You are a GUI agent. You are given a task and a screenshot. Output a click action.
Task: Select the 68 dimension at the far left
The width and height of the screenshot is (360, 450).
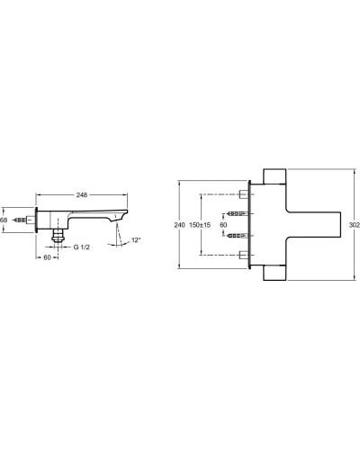click(4, 220)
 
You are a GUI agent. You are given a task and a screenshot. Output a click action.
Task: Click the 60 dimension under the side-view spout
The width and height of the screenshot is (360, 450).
click(48, 256)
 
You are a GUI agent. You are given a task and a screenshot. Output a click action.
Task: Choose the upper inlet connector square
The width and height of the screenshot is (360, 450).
click(244, 193)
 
